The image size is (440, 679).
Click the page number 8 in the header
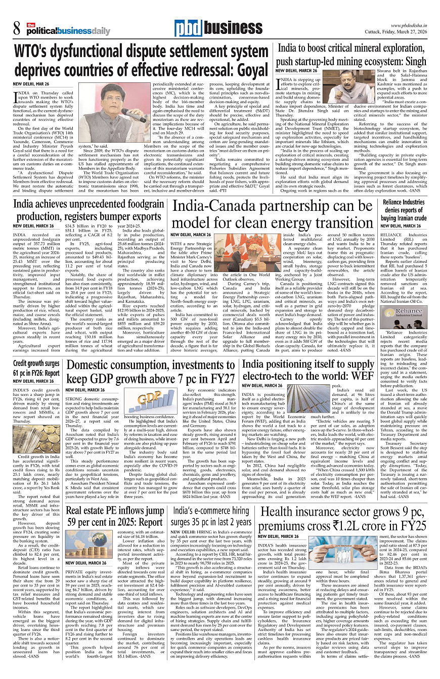click(x=17, y=30)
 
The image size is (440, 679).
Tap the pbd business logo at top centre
click(x=208, y=29)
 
